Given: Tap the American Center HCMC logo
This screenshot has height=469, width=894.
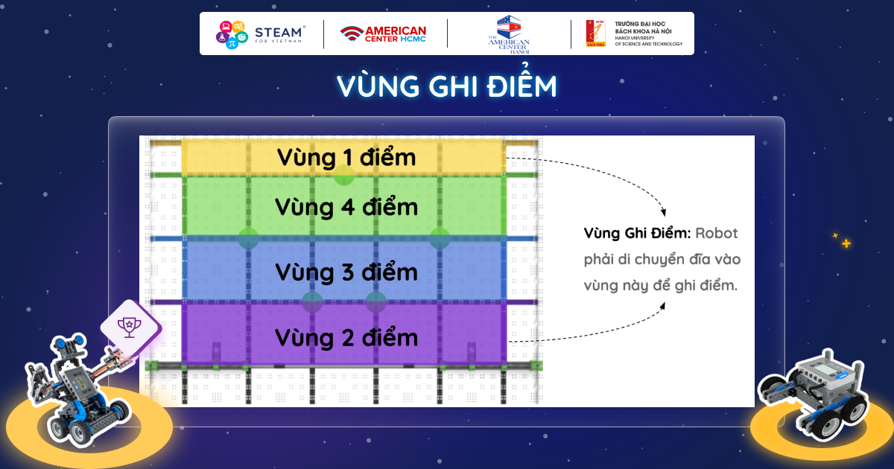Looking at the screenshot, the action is (383, 34).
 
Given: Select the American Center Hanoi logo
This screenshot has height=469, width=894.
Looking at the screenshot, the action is (509, 35).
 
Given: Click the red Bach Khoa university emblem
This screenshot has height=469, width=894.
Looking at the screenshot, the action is (595, 33).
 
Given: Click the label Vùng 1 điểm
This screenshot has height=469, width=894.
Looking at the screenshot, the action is (346, 158).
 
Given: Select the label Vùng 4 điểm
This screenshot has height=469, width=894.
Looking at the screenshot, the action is (346, 208).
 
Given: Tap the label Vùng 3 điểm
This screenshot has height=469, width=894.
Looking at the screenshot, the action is (346, 272).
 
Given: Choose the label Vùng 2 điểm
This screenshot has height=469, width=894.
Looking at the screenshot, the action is (346, 338).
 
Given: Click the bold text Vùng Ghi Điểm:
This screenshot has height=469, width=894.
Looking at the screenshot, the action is (637, 234).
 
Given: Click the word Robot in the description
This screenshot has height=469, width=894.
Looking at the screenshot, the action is (717, 233).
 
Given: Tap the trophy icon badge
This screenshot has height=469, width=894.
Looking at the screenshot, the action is (130, 327).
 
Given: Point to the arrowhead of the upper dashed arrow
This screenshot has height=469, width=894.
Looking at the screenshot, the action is (663, 213).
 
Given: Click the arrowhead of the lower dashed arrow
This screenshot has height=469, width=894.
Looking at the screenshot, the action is (662, 306).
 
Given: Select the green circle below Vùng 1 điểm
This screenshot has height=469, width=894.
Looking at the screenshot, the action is (344, 175).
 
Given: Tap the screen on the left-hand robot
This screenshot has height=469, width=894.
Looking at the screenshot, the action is (82, 383).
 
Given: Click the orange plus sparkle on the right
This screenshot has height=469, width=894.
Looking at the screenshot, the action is (846, 243).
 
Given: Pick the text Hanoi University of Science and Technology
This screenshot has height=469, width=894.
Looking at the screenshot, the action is (649, 41).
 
